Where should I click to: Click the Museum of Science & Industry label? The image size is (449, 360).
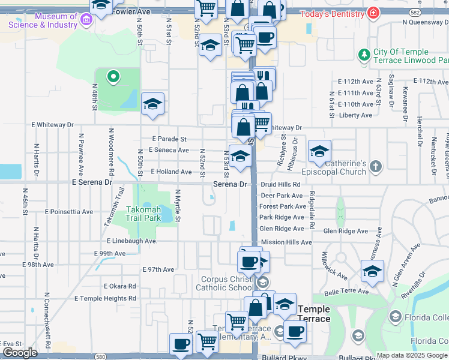click(43, 20)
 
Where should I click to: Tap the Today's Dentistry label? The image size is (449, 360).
click(333, 13)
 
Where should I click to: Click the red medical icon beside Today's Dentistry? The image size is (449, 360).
click(373, 12)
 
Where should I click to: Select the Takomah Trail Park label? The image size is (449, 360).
click(144, 214)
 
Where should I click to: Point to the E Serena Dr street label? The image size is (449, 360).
click(92, 181)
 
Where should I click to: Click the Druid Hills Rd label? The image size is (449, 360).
click(280, 184)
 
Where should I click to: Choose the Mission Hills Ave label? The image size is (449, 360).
click(286, 242)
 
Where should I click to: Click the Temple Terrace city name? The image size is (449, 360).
click(314, 314)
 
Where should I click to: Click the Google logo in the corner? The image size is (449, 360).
click(20, 353)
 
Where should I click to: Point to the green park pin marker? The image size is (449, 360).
click(112, 76)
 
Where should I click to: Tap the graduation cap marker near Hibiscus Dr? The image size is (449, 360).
click(319, 151)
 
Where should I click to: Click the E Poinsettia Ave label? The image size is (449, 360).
click(69, 212)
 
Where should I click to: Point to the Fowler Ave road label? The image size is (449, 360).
click(131, 11)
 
